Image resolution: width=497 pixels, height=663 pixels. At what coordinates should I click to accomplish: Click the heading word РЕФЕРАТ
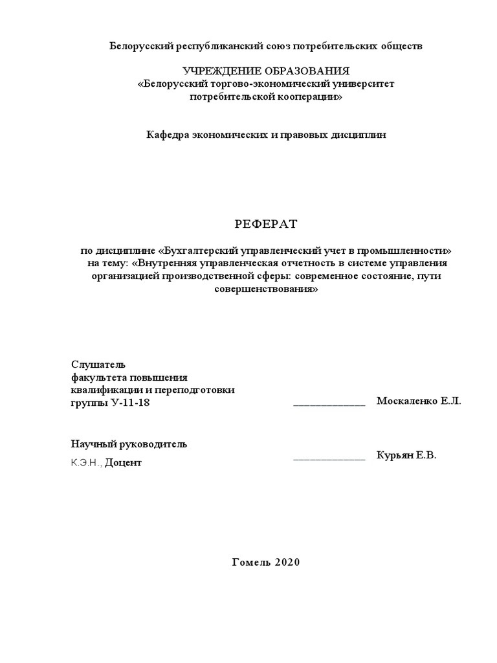click(x=265, y=224)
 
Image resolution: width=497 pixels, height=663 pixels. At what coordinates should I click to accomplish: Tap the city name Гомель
click(x=251, y=562)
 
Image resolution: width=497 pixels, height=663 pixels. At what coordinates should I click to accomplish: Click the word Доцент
click(x=123, y=463)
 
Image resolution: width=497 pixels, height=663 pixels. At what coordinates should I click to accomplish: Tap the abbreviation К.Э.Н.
click(x=86, y=463)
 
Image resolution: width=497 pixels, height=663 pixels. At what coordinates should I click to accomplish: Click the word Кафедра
click(x=168, y=135)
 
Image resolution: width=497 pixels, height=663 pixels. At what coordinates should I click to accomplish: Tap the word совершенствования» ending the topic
click(x=266, y=289)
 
